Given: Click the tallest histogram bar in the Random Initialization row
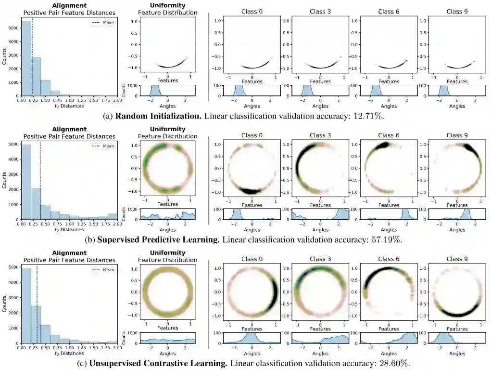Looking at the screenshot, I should coord(26,58).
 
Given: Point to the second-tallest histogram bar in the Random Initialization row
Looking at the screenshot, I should coord(36,76).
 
